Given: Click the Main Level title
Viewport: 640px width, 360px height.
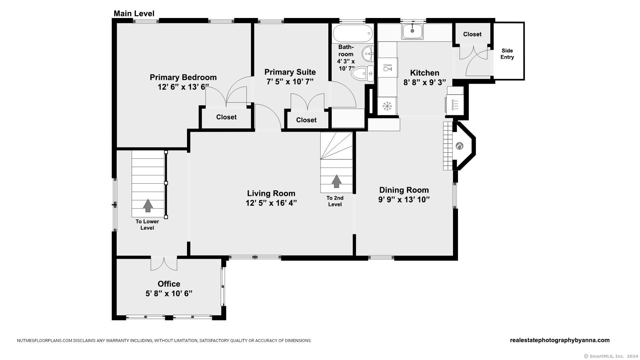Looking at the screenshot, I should click(134, 14).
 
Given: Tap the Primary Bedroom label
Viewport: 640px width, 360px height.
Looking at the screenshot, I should click(183, 77).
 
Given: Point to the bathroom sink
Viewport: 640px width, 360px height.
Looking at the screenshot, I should click(368, 54).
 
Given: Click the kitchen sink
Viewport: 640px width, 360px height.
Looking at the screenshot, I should click(412, 31).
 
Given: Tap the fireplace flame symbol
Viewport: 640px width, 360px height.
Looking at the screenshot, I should click(459, 146).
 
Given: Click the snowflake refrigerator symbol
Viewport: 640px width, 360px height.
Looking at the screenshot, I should click(387, 106).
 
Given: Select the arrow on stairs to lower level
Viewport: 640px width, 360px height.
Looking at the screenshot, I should click(148, 206).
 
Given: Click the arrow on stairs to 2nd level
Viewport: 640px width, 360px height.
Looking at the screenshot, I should click(337, 181).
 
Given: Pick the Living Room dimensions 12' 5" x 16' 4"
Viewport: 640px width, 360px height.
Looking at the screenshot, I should click(271, 203).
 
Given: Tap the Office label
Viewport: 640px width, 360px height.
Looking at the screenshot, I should click(169, 284).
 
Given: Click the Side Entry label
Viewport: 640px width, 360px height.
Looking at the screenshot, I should click(507, 54).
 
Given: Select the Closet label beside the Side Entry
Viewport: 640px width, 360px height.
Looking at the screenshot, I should click(472, 34).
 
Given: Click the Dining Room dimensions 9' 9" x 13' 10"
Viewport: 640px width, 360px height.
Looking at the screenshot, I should click(404, 200).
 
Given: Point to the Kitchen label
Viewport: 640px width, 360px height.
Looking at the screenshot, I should click(424, 73).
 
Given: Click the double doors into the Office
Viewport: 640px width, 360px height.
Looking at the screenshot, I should click(164, 263).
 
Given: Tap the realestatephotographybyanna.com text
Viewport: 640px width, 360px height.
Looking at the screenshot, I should click(559, 340).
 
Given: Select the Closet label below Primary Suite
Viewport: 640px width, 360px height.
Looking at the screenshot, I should click(306, 120).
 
